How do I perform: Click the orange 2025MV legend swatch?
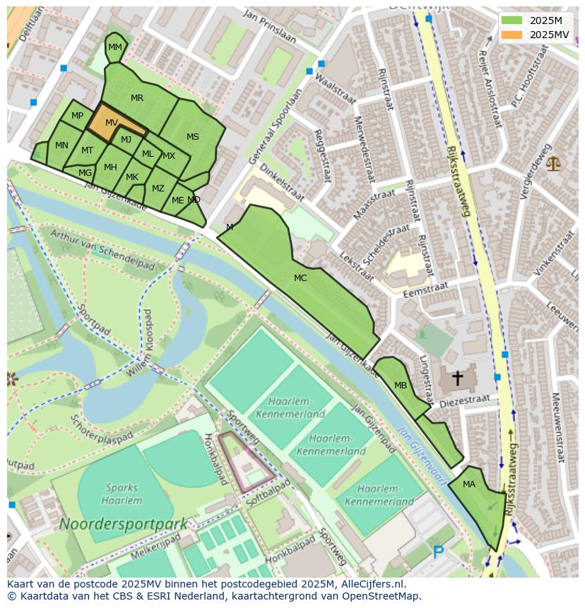pos(512,35)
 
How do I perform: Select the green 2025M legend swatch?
pos(512,20)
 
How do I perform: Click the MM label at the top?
pos(115,47)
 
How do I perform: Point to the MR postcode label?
pos(137,98)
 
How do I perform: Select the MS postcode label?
pos(193,137)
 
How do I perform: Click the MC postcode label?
pos(300,278)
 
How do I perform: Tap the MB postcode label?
pos(401,386)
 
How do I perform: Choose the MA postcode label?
pos(469,484)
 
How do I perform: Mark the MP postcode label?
pos(78,116)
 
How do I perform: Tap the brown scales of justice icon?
pos(552,165)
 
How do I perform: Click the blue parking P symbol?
pos(439,552)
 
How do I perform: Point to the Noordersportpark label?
pos(123,524)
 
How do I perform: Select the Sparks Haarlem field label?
pos(123,493)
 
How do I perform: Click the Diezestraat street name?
pos(464,400)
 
